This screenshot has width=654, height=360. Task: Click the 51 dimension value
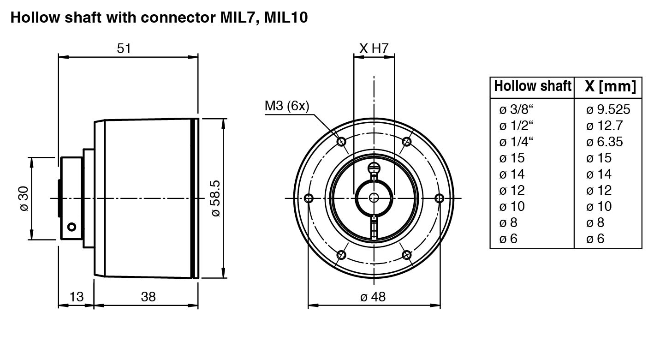124,48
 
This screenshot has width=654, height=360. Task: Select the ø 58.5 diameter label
215,198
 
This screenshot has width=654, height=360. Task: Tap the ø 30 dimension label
24,198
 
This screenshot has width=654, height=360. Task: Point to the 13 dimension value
76,296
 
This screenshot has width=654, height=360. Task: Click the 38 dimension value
148,296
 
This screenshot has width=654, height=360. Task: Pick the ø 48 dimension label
373,296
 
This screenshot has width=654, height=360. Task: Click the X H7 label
374,48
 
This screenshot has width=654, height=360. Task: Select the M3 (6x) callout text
287,106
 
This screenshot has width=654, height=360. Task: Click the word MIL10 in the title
286,18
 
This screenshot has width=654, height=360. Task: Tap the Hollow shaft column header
532,86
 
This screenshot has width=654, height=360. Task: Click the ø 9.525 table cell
608,109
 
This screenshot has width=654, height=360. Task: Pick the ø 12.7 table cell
604,126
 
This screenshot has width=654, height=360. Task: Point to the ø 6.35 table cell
604,142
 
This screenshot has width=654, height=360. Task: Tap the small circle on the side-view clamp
71,227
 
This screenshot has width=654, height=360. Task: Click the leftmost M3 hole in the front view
309,198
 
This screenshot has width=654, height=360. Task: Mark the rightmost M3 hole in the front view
439,198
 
